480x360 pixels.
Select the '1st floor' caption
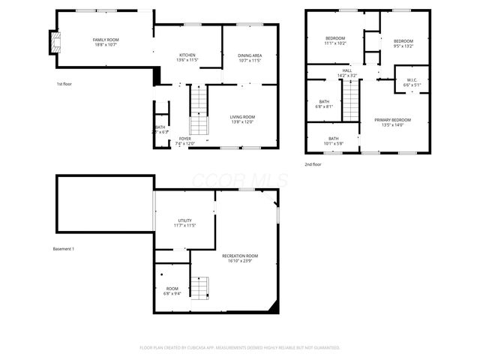(x=65, y=84)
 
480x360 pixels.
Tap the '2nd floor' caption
(x=313, y=163)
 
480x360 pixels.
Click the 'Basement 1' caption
(x=64, y=249)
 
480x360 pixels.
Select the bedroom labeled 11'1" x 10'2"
(x=335, y=40)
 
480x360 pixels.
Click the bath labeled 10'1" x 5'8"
(x=334, y=141)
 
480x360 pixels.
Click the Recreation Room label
(x=240, y=259)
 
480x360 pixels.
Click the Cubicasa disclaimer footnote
(x=240, y=348)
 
